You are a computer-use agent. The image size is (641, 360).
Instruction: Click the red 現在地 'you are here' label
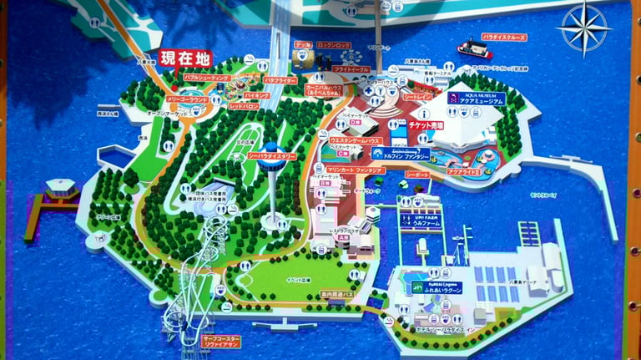(x=185, y=58)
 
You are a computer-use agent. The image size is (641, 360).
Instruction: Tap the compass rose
(x=583, y=27)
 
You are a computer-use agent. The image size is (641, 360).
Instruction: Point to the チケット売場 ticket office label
(x=426, y=125)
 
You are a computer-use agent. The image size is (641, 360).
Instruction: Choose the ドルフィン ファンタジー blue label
(x=402, y=155)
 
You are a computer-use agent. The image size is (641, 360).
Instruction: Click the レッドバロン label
(x=244, y=107)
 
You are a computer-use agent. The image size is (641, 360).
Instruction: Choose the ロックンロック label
(x=333, y=45)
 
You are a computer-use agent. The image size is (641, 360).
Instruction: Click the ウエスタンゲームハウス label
(x=356, y=140)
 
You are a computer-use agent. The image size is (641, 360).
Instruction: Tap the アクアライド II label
(x=462, y=170)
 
